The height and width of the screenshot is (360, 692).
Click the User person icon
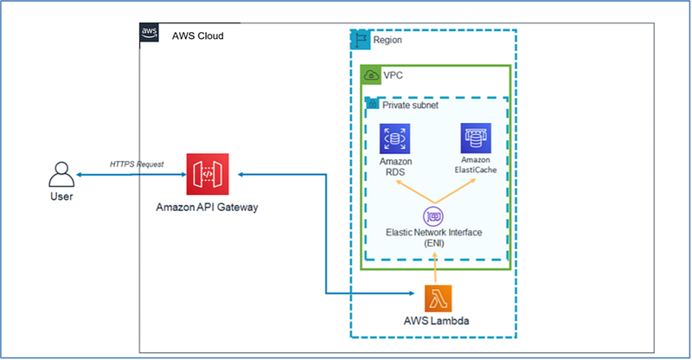pos(61,175)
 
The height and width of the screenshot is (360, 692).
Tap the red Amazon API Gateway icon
pos(208,174)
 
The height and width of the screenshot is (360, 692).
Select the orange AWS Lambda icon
pos(438,299)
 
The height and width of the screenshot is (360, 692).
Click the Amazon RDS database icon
pos(394,138)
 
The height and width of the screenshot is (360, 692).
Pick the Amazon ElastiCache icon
pos(476,138)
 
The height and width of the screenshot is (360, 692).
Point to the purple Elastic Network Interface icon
pos(433,216)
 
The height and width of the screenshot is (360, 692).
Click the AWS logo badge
pos(149,32)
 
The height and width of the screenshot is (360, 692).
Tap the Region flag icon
pos(361,40)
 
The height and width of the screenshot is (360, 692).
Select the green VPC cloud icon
pos(371,75)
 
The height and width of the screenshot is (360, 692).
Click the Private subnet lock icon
pos(373,104)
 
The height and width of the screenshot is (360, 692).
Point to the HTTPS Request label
pos(137,164)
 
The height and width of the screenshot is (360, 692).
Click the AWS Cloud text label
pos(198,35)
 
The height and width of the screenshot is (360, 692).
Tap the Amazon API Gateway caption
pos(207,207)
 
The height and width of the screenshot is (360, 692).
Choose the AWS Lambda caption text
pos(436,321)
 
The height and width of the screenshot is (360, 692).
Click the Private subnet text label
pos(410,105)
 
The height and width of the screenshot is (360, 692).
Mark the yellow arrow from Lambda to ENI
pos(435,267)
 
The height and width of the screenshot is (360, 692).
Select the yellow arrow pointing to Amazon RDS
pos(415,192)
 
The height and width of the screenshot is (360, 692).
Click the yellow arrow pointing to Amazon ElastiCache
pos(455,191)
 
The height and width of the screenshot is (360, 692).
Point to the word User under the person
pos(61,196)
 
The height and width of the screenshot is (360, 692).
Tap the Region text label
pos(388,40)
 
